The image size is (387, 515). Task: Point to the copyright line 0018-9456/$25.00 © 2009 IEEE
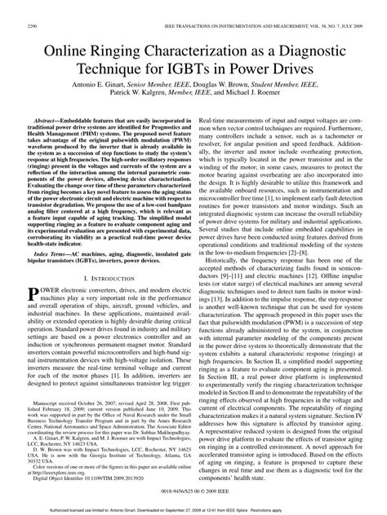coord(193,494)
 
